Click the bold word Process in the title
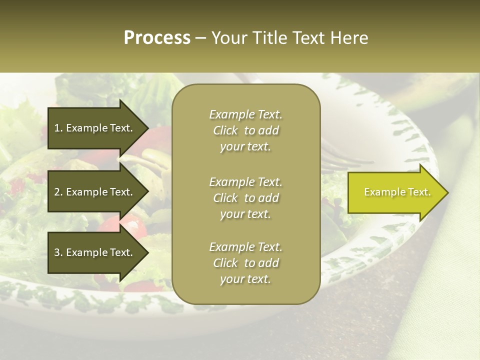(x=157, y=38)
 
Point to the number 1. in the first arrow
(x=58, y=128)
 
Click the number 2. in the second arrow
(x=58, y=192)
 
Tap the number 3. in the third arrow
(x=58, y=252)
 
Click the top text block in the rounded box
(x=245, y=130)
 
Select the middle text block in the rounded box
(x=245, y=198)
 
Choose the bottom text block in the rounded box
(x=245, y=263)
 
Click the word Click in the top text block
(x=225, y=130)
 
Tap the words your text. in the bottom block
(x=245, y=279)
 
